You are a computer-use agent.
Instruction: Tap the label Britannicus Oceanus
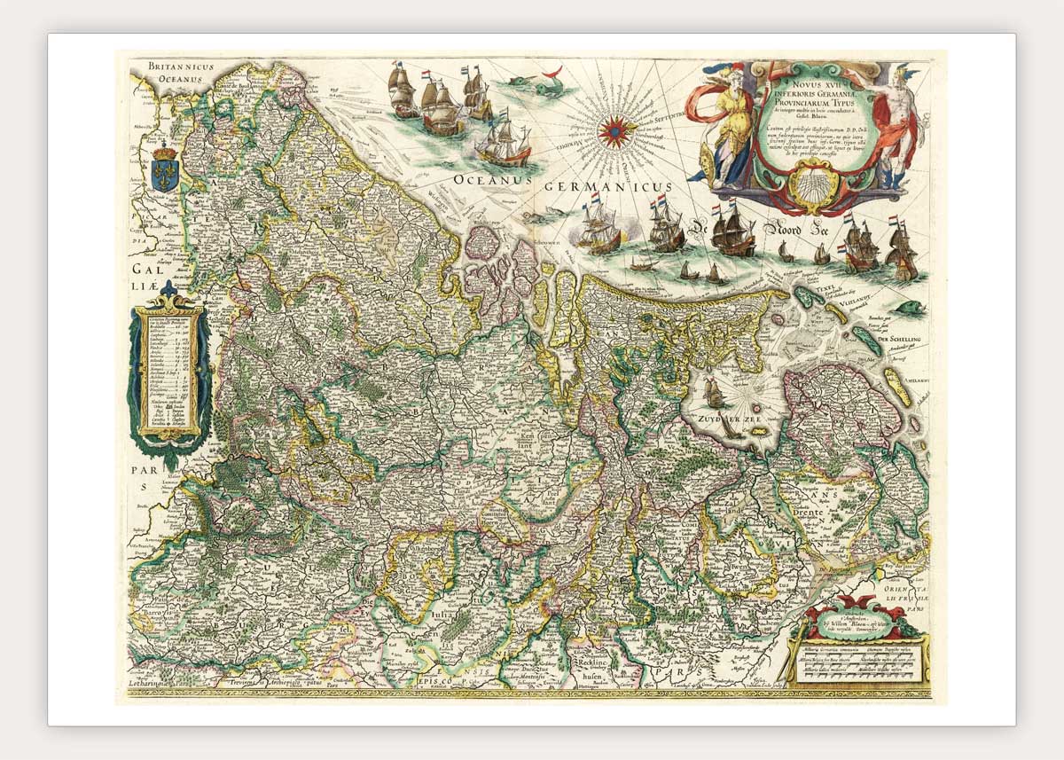pos(176,73)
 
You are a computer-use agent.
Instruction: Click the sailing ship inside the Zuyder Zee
pos(714,391)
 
